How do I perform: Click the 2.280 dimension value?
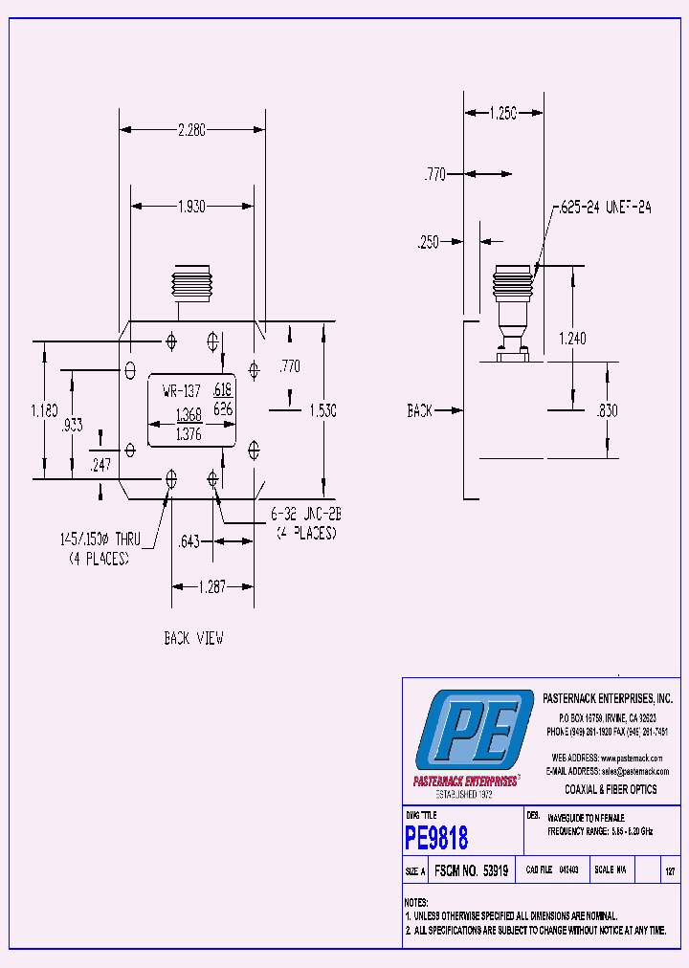191,130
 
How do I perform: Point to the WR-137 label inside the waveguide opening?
182,390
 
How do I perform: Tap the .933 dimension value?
73,425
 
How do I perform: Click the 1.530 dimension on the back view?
322,410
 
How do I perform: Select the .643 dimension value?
189,542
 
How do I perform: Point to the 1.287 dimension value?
211,587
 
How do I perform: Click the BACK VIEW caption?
194,638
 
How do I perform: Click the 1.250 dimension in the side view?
502,113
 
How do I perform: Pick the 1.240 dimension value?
572,338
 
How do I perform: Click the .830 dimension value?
607,410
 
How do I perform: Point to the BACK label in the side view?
420,410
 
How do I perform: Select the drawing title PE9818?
437,839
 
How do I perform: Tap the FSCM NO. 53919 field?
471,871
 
